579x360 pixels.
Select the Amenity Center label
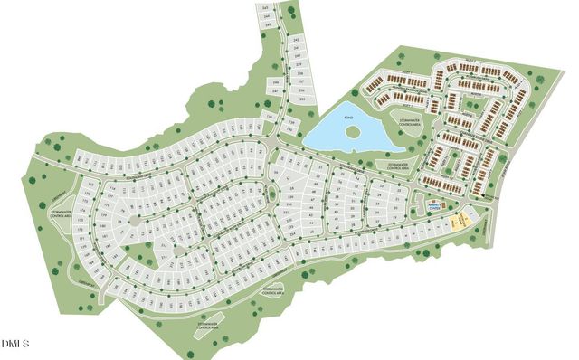pos(435,207)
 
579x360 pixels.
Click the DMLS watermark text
pos(15,344)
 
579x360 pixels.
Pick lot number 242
pos(296,41)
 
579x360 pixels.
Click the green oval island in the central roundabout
pos(272,194)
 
